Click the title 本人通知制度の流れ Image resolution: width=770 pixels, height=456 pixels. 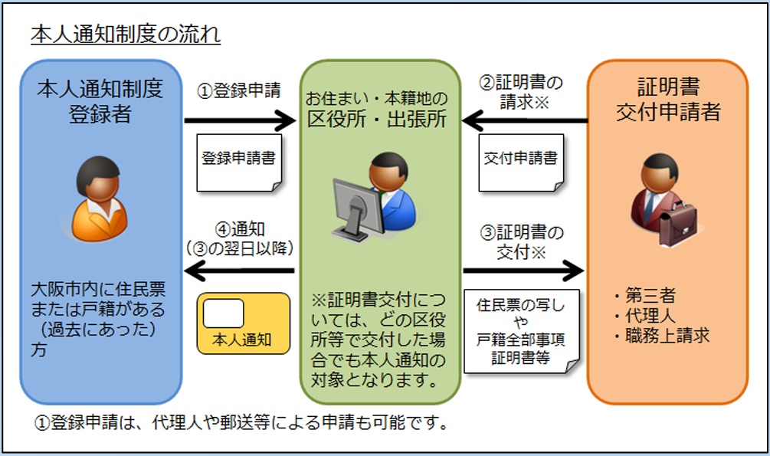(x=126, y=36)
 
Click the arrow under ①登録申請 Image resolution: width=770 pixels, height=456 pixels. (x=239, y=120)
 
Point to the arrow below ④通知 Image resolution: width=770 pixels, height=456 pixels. (x=239, y=270)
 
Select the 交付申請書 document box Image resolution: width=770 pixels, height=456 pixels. (x=520, y=161)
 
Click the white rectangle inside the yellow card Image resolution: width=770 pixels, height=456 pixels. (x=224, y=313)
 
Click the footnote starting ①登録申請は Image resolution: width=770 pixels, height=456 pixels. (x=241, y=424)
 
